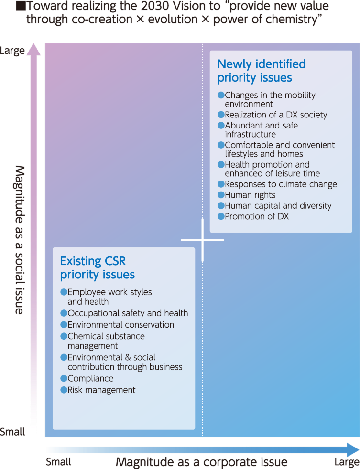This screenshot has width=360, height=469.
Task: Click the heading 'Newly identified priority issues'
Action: [262, 71]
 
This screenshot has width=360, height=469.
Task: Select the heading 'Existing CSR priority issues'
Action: [98, 268]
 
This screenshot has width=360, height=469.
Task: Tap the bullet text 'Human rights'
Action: [250, 195]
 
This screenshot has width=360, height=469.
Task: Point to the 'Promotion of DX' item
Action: [257, 216]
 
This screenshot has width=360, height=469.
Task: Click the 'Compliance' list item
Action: [90, 378]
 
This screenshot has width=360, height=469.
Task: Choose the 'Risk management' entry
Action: [101, 390]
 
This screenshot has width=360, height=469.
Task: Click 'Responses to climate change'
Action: [281, 184]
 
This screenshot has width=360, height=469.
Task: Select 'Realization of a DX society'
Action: [276, 115]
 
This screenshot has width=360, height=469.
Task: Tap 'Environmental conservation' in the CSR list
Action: [120, 325]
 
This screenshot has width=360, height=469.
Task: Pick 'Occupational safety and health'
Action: [128, 313]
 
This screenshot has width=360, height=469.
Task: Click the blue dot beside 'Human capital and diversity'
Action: [221, 205]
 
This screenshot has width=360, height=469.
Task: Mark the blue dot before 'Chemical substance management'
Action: [64, 336]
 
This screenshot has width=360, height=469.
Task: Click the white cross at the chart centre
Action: [202, 240]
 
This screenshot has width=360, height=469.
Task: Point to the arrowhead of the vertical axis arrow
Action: [33, 49]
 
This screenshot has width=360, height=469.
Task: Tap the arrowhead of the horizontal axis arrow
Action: [353, 450]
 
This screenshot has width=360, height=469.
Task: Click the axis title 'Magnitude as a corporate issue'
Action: [202, 462]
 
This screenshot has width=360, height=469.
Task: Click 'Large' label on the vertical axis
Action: [12, 51]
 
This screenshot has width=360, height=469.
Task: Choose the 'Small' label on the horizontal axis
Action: [58, 462]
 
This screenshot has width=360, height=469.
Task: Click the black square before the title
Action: [21, 6]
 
